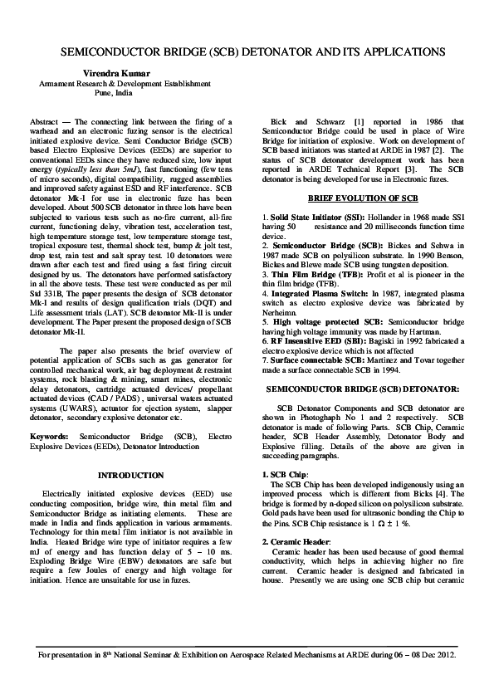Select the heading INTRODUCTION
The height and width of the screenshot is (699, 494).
pos(131,475)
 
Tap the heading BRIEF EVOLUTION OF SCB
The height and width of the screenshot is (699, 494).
pos(364,199)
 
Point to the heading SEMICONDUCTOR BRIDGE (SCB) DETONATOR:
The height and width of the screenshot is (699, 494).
pos(363,389)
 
